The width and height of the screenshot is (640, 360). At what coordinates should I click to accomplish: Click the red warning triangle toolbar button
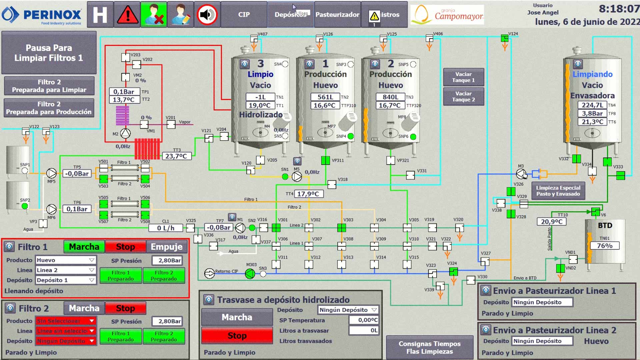point(127,15)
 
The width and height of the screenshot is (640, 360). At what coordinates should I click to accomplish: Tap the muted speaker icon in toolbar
point(207,15)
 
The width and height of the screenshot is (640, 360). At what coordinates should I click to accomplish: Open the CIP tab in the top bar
point(244,15)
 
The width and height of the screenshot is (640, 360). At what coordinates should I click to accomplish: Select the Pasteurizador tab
point(337,15)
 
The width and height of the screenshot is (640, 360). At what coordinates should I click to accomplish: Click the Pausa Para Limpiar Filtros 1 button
point(49,53)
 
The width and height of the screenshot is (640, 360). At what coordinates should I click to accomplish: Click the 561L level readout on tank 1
point(325,97)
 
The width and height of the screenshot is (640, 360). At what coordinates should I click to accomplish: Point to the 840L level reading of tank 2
point(390,97)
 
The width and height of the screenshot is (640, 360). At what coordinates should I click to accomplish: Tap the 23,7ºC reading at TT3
point(176,156)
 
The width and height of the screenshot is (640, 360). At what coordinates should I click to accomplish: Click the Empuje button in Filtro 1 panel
point(167,247)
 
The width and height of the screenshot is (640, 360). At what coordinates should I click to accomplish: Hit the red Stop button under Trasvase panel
point(237,336)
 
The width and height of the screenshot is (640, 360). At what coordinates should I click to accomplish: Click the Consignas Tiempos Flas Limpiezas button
point(429,347)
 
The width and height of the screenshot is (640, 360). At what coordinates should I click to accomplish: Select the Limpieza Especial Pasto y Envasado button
point(558,191)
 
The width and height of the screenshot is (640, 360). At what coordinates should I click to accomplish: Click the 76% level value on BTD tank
point(604,246)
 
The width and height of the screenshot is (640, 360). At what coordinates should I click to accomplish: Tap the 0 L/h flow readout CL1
point(166,228)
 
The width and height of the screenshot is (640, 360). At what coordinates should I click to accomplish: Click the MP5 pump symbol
point(51,173)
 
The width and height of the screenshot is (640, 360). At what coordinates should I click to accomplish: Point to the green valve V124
point(505,39)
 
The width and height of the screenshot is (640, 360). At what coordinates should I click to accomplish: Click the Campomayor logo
point(447,15)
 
